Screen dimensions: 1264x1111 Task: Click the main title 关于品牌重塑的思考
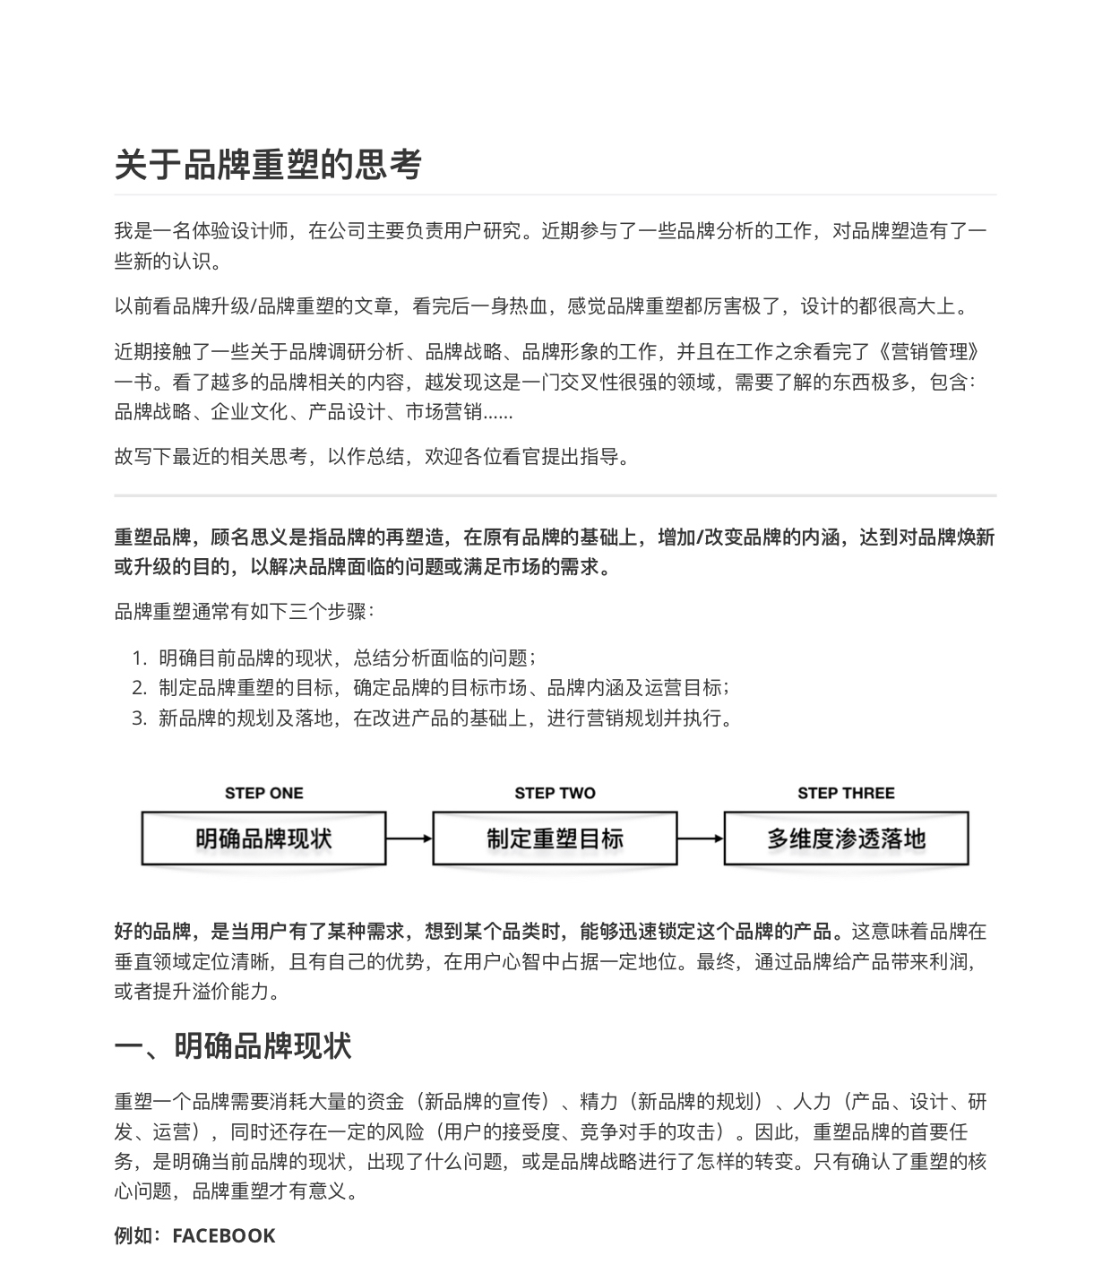coord(268,164)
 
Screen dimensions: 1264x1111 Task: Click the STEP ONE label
coord(263,793)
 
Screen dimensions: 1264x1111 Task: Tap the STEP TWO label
coord(555,793)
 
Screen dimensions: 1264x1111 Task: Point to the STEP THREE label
coord(846,793)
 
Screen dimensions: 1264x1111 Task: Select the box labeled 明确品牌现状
coord(263,838)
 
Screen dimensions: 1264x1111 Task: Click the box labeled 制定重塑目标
coord(555,838)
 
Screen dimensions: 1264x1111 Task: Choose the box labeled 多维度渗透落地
coord(846,838)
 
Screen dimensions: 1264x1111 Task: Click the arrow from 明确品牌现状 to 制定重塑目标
coord(409,838)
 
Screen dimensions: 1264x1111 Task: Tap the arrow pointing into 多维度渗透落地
coord(701,838)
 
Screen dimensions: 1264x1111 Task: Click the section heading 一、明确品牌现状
coord(233,1045)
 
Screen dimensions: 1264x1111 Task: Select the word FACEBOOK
coord(224,1235)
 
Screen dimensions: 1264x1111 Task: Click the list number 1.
coord(138,658)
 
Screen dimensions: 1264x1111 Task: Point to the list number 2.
coord(138,688)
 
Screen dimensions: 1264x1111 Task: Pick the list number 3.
coord(138,718)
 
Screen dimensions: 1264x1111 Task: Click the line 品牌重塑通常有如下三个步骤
coord(244,612)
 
